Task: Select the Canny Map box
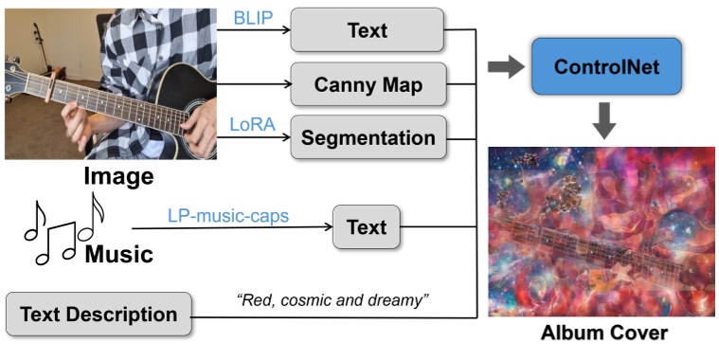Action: (x=368, y=86)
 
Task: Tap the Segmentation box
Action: (x=368, y=137)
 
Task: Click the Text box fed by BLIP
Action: (x=368, y=30)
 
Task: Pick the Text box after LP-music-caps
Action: (x=367, y=227)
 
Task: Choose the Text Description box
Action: (x=99, y=314)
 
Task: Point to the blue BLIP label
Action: (x=250, y=18)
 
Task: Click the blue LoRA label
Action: (x=250, y=124)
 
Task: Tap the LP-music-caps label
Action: (x=228, y=216)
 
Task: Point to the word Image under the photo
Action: (x=118, y=176)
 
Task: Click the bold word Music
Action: (x=118, y=254)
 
